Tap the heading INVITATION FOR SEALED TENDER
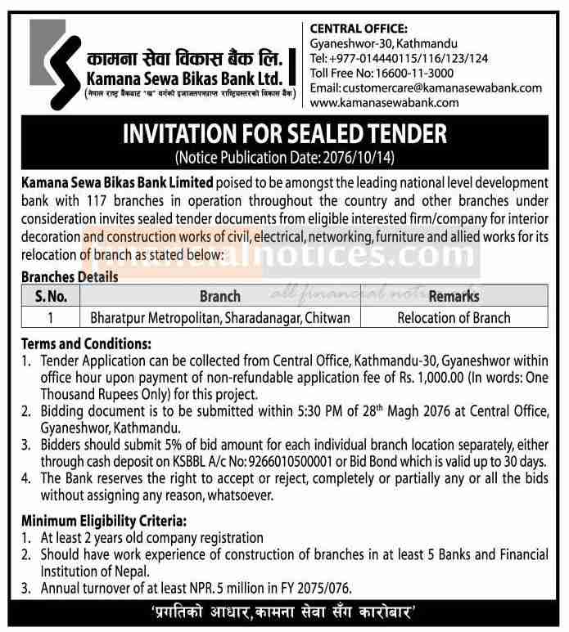(x=283, y=131)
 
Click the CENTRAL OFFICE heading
(x=359, y=28)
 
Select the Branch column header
(x=219, y=296)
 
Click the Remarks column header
(x=454, y=296)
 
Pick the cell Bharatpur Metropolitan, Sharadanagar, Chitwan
(x=219, y=317)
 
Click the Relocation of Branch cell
(x=454, y=317)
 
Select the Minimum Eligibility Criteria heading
(x=100, y=520)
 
